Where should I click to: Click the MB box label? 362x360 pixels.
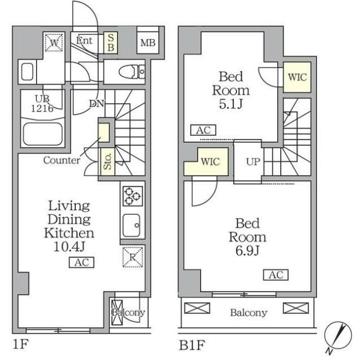[x=148, y=43]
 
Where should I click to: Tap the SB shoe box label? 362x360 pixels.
[x=111, y=42]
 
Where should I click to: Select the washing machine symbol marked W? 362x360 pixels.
[x=54, y=42]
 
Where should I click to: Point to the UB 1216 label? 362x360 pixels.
[x=38, y=104]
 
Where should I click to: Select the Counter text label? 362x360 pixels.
[x=62, y=160]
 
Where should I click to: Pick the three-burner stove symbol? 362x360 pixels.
[x=131, y=196]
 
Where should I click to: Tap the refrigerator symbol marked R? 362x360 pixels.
[x=133, y=258]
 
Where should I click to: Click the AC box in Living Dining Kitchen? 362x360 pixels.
[x=81, y=263]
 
